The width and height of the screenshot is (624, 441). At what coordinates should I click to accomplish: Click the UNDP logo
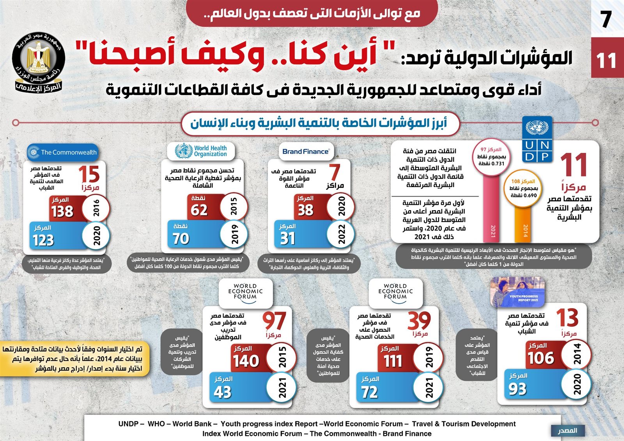tap(537, 139)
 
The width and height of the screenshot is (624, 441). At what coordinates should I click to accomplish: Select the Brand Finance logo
tap(306, 152)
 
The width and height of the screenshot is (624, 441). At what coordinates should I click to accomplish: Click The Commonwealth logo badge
tap(62, 152)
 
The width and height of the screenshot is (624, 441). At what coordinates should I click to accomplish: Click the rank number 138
tap(62, 212)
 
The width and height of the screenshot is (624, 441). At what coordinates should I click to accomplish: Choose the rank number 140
tap(246, 361)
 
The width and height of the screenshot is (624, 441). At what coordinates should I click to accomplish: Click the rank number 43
tap(222, 392)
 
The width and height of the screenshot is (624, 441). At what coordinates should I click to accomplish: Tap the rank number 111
tap(392, 361)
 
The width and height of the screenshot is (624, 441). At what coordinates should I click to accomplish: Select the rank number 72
tap(369, 392)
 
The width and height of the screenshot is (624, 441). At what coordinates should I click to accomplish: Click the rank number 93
tap(518, 389)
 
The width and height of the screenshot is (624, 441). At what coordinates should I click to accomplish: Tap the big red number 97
tap(274, 321)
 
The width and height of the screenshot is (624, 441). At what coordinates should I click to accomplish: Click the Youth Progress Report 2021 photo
tap(517, 291)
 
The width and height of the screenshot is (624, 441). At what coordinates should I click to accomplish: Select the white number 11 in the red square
tap(606, 61)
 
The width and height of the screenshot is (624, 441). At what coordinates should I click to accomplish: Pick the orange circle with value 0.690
tap(523, 189)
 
